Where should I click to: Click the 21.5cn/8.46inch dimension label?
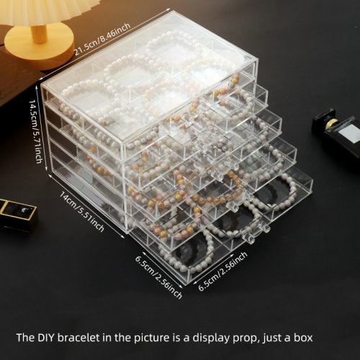pyautogui.click(x=102, y=39)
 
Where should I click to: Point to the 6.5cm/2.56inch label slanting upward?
pyautogui.click(x=222, y=271)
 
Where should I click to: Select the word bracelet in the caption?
pyautogui.click(x=78, y=338)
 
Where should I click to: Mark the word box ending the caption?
pyautogui.click(x=303, y=338)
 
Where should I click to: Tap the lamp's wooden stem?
pyautogui.click(x=40, y=34)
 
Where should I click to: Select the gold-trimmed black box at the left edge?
pyautogui.click(x=17, y=215)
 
